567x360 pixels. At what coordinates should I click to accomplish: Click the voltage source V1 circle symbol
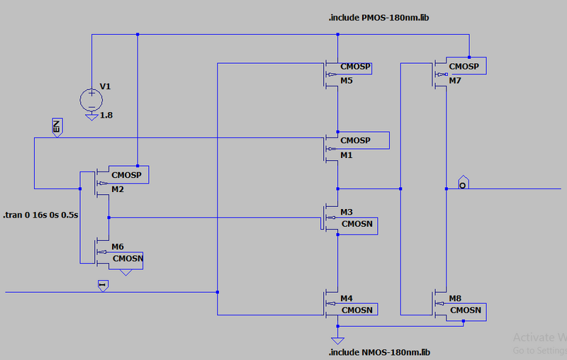91,97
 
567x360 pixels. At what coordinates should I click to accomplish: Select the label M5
347,81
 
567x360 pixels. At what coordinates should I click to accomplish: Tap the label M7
455,81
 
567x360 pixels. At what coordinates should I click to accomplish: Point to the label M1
347,155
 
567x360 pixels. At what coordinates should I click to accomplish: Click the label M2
117,189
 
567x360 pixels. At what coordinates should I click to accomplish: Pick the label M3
347,212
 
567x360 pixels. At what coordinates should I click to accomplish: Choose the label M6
117,247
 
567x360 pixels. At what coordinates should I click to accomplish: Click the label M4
347,298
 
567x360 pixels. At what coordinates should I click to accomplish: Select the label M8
456,298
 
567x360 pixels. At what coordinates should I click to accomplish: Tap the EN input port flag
57,127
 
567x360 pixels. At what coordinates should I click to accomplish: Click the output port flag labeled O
463,182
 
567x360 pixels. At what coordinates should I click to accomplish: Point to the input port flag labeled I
102,285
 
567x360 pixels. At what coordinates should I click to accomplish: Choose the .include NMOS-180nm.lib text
379,352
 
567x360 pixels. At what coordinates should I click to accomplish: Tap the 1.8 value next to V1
106,115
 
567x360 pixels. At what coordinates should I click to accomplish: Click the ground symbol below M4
339,331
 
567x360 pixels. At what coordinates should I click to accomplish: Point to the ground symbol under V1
91,116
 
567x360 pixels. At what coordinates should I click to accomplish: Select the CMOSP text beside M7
464,67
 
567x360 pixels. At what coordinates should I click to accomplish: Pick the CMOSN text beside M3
357,224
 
